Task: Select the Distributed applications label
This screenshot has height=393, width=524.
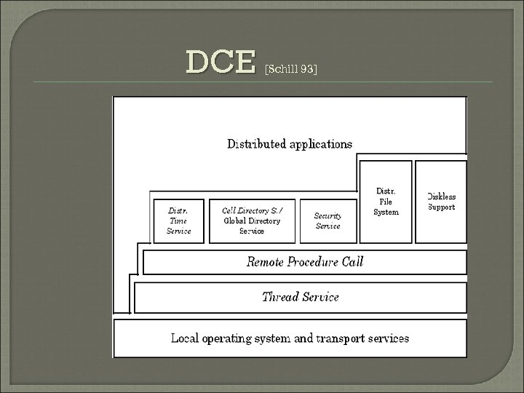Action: point(290,143)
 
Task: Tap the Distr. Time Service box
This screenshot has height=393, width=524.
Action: point(178,221)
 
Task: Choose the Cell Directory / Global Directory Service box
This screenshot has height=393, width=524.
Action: point(252,221)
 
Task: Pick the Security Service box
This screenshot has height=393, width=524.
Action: point(327,221)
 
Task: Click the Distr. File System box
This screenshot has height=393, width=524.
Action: point(386,202)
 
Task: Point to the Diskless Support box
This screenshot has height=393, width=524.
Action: point(441,202)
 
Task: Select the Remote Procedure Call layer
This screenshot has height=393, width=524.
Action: point(304,261)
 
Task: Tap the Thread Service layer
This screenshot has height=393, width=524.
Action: point(300,296)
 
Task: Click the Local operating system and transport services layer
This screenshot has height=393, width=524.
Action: point(290,338)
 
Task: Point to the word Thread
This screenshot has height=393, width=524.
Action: point(280,296)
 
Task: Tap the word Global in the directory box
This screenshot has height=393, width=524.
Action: point(237,221)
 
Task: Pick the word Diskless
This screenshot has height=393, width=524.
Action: point(441,196)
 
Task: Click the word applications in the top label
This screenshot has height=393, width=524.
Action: point(320,143)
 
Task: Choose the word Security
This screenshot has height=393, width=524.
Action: point(327,215)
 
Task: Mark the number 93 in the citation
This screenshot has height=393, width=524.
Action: point(309,69)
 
